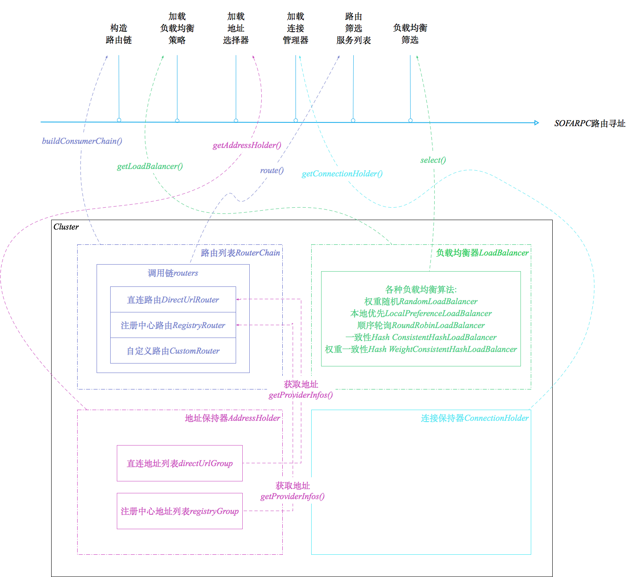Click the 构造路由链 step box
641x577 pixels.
point(118,33)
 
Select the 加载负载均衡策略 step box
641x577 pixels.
point(177,28)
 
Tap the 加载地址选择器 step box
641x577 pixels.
point(236,28)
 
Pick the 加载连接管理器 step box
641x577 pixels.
point(296,28)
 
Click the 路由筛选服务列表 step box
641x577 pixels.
point(353,28)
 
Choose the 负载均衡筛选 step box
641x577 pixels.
point(410,33)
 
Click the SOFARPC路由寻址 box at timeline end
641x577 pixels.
point(590,123)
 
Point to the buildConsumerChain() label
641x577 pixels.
point(82,141)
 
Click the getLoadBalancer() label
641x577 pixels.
point(150,166)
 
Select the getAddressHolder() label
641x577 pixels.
point(247,145)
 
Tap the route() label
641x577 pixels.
point(272,170)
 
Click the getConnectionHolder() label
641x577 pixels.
point(342,174)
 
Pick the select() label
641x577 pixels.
point(433,160)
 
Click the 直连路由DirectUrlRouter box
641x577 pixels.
point(173,300)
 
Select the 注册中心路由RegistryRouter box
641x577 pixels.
point(173,325)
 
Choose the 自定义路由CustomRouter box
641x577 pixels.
point(173,351)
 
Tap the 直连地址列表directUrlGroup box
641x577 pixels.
point(180,463)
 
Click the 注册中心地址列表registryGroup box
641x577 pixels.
point(180,511)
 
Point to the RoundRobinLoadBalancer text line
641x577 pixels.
point(421,325)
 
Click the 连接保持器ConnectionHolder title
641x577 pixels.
point(474,418)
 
